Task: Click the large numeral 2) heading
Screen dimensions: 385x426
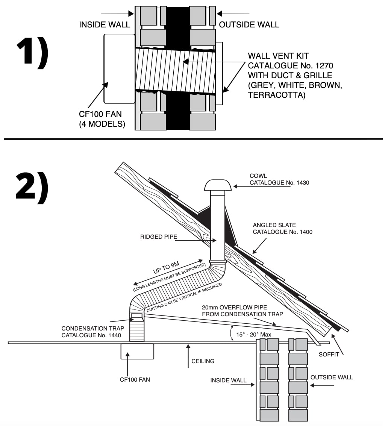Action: pos(32,188)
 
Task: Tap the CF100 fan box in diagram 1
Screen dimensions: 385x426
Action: pos(119,69)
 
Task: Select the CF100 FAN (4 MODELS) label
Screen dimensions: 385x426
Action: pos(102,119)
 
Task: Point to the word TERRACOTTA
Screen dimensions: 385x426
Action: pos(277,95)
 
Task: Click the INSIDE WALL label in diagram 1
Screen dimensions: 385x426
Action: pos(105,25)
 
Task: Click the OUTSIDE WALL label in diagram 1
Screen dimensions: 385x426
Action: pos(249,25)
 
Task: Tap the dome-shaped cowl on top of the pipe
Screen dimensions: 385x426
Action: pos(218,185)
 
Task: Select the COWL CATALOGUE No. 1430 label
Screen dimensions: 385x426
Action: pos(279,179)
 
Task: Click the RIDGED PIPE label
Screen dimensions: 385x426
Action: pos(159,236)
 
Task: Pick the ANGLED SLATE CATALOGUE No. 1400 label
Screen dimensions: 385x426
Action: pos(283,229)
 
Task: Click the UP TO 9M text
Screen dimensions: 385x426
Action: pos(166,268)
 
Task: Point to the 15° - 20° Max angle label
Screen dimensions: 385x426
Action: pos(253,334)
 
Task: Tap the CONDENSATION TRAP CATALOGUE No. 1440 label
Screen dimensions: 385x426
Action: pos(92,332)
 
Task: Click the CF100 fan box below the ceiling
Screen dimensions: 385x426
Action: pos(137,351)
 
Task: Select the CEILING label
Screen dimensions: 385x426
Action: pos(203,361)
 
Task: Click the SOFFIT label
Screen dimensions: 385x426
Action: pos(329,354)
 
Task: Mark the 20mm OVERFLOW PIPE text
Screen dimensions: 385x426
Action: pos(235,307)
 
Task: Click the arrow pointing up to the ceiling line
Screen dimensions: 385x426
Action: pos(188,356)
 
